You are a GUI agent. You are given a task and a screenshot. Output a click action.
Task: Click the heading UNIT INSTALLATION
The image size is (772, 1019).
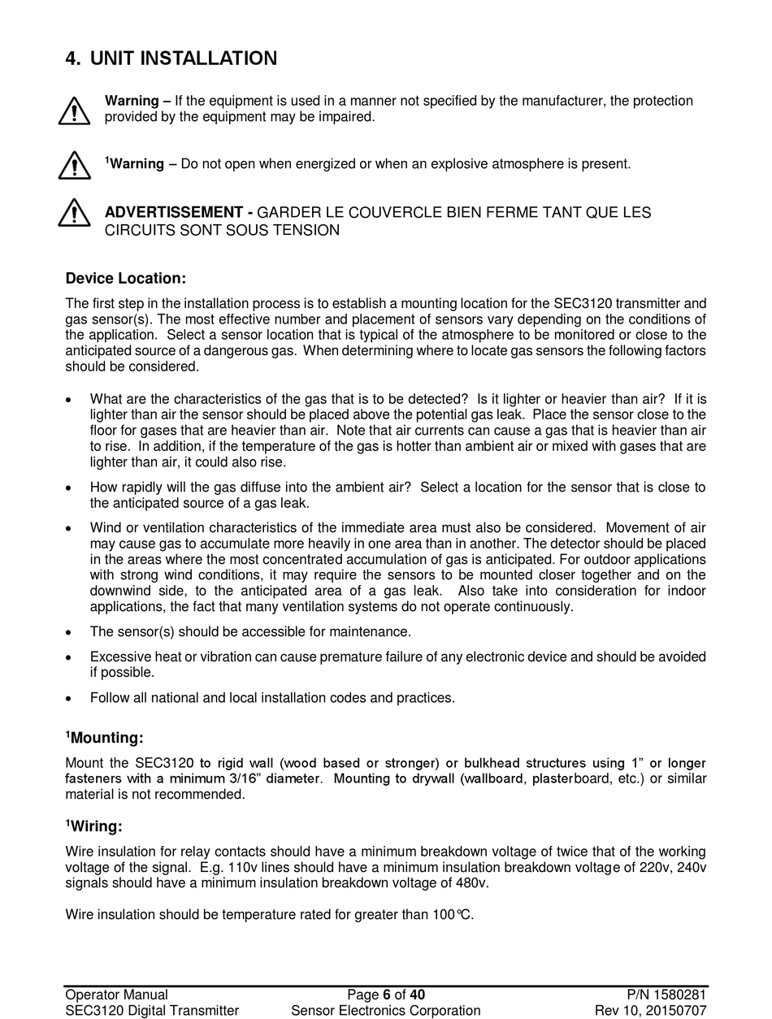tap(183, 59)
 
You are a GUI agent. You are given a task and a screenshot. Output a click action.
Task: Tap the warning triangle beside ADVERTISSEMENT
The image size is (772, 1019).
tap(74, 213)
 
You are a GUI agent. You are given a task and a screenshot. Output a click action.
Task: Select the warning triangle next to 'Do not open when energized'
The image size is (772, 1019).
tap(74, 165)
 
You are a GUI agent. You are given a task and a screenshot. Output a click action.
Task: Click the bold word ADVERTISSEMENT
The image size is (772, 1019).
tap(173, 213)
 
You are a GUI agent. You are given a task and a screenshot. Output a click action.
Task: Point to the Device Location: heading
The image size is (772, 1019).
tap(126, 279)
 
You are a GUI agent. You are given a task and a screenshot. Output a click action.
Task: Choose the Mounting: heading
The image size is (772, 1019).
tap(106, 738)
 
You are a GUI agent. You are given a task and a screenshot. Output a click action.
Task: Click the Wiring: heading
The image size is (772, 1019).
tap(96, 827)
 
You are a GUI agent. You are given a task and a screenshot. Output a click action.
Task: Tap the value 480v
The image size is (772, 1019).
tap(473, 883)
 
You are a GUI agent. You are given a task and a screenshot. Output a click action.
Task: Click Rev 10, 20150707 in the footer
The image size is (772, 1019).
tap(650, 1011)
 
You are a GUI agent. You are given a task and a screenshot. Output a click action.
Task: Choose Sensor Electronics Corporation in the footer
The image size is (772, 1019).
tap(386, 1011)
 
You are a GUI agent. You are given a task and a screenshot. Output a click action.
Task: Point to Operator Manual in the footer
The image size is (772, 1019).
tap(116, 995)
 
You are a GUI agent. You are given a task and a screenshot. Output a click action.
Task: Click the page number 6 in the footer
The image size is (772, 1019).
tap(387, 995)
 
